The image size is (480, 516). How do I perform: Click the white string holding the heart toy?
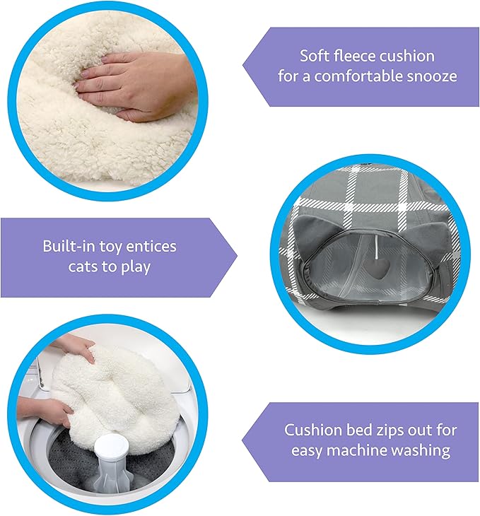[375, 247]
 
